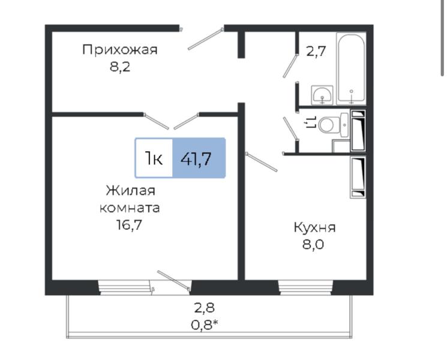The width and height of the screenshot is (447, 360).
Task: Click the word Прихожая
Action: click(120, 50)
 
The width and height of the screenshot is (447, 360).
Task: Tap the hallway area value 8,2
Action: click(120, 67)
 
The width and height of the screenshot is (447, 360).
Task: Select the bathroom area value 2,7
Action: click(316, 52)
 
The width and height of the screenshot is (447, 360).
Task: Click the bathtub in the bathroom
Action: click(351, 68)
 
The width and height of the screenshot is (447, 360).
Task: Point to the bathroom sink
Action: click(322, 94)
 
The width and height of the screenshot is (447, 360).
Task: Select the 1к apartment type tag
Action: click(154, 158)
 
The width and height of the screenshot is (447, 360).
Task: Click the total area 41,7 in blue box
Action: click(196, 158)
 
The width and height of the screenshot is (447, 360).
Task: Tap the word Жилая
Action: click(131, 190)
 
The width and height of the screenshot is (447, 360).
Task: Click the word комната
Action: click(130, 208)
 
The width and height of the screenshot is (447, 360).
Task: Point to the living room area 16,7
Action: click(129, 226)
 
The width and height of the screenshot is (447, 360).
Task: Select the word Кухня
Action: click(315, 227)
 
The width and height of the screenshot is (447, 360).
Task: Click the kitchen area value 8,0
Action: click(313, 245)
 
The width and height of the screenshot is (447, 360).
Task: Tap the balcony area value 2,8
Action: click(204, 308)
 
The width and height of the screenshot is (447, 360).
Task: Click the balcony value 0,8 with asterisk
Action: click(205, 325)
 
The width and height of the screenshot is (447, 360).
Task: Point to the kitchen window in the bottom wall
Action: click(306, 287)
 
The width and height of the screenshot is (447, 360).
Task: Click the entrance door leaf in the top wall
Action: click(205, 39)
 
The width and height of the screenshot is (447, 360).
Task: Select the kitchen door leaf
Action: click(262, 162)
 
